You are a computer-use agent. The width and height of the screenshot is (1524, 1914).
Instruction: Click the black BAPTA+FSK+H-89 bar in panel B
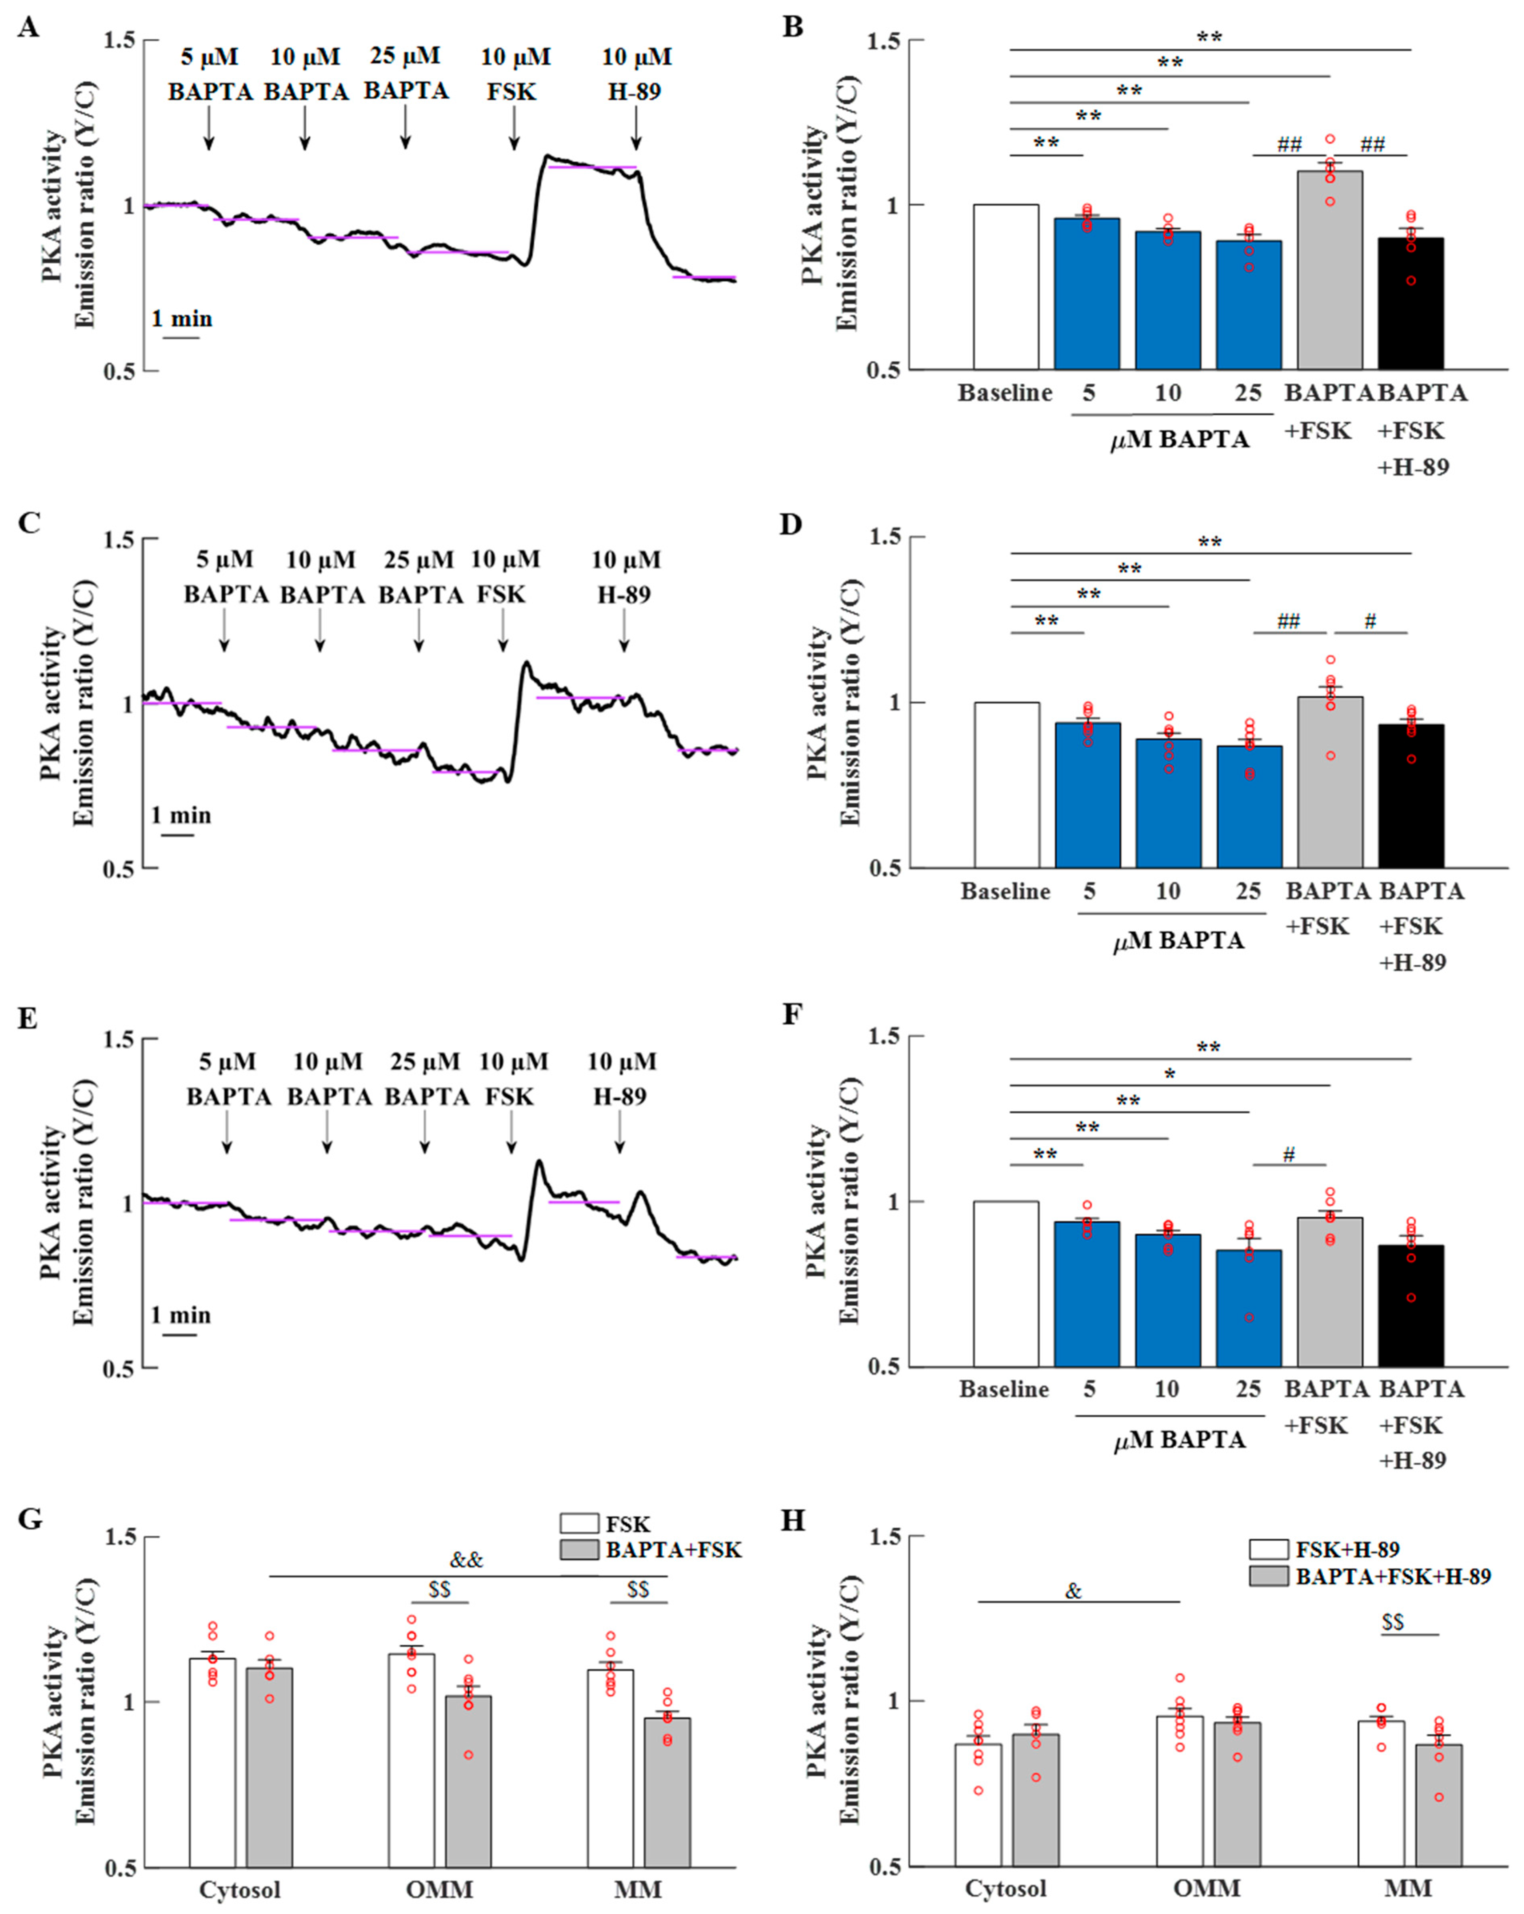point(1410,304)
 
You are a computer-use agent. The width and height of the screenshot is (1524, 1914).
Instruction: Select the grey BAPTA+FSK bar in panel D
point(1330,782)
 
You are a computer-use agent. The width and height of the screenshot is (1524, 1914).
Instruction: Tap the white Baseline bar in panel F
point(1006,1284)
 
